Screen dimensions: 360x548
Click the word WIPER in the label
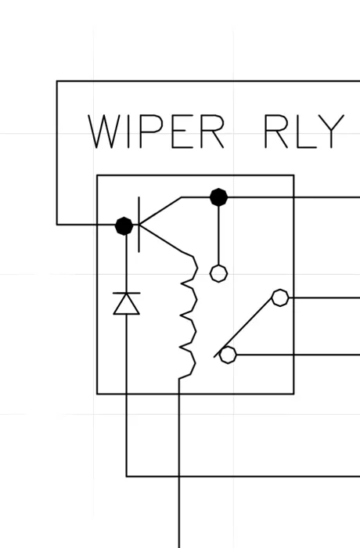(156, 132)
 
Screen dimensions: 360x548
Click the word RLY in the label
(304, 132)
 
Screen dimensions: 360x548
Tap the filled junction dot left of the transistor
(124, 225)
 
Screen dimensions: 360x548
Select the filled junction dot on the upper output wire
(219, 197)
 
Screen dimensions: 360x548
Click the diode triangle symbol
(127, 304)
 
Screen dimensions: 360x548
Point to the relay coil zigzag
(188, 316)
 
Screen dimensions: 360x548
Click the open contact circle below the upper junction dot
(219, 273)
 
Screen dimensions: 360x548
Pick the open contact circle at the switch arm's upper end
(280, 297)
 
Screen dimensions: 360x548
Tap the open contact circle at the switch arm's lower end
(228, 355)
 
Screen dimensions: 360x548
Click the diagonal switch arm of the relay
(243, 327)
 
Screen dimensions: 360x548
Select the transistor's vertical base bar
(139, 225)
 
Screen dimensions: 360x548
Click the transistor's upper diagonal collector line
(160, 211)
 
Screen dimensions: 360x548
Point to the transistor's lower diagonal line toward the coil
(160, 238)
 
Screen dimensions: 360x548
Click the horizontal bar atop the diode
(127, 294)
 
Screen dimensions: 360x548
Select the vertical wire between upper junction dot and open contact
(219, 236)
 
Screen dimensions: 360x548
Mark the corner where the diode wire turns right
(127, 476)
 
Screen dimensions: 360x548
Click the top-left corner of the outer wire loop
(57, 81)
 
